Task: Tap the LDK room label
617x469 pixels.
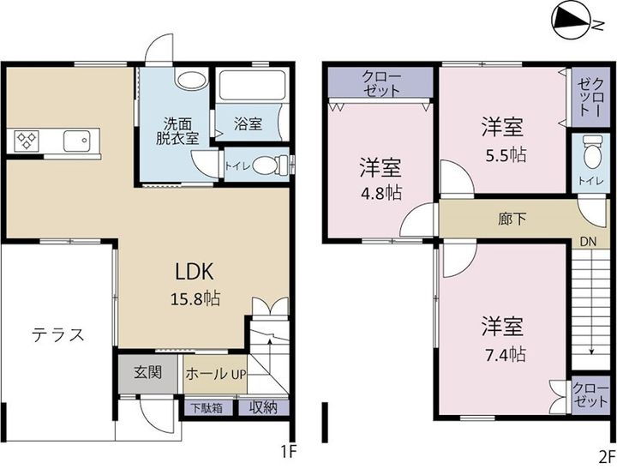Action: point(194,272)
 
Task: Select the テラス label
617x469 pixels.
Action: point(58,334)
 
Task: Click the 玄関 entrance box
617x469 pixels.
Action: point(147,373)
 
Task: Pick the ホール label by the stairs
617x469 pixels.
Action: point(207,374)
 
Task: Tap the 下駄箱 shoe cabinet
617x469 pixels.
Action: point(207,408)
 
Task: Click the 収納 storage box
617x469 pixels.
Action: point(264,408)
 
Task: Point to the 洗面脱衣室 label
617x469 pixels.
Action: point(177,130)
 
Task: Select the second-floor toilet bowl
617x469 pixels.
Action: point(591,154)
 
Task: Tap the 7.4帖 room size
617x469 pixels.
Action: point(502,353)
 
